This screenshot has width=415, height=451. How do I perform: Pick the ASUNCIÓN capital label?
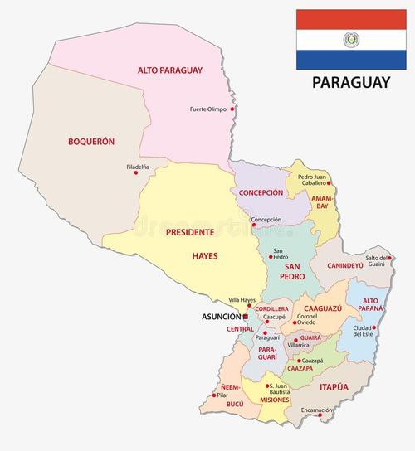[x=221, y=317]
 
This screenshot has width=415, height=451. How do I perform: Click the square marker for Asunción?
[x=246, y=316]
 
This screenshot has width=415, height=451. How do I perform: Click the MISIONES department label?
[x=274, y=400]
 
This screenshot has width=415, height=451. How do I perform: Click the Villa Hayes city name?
[x=243, y=300]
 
